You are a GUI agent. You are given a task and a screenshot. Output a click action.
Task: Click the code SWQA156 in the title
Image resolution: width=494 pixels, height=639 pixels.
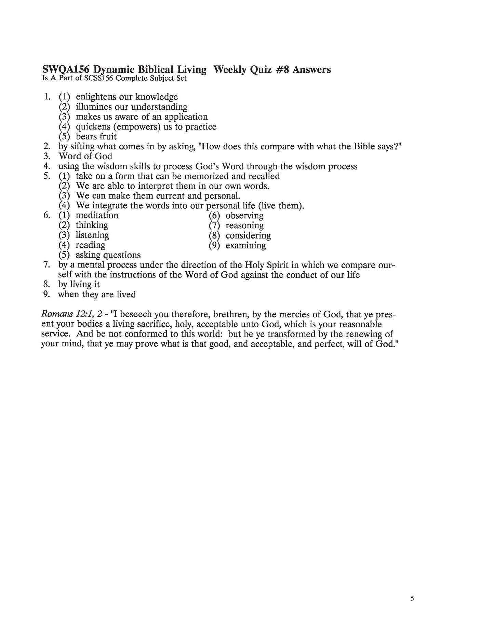[63, 70]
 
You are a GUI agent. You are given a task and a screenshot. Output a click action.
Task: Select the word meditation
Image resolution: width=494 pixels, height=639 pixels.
[97, 215]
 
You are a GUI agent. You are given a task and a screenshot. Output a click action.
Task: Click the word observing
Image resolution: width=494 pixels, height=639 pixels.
[244, 216]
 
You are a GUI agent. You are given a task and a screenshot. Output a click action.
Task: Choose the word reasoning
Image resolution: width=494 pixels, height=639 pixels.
[244, 226]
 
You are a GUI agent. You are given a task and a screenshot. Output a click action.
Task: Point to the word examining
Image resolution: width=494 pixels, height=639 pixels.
[245, 245]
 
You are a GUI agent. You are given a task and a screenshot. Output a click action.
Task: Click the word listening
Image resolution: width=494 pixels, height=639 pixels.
[92, 235]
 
